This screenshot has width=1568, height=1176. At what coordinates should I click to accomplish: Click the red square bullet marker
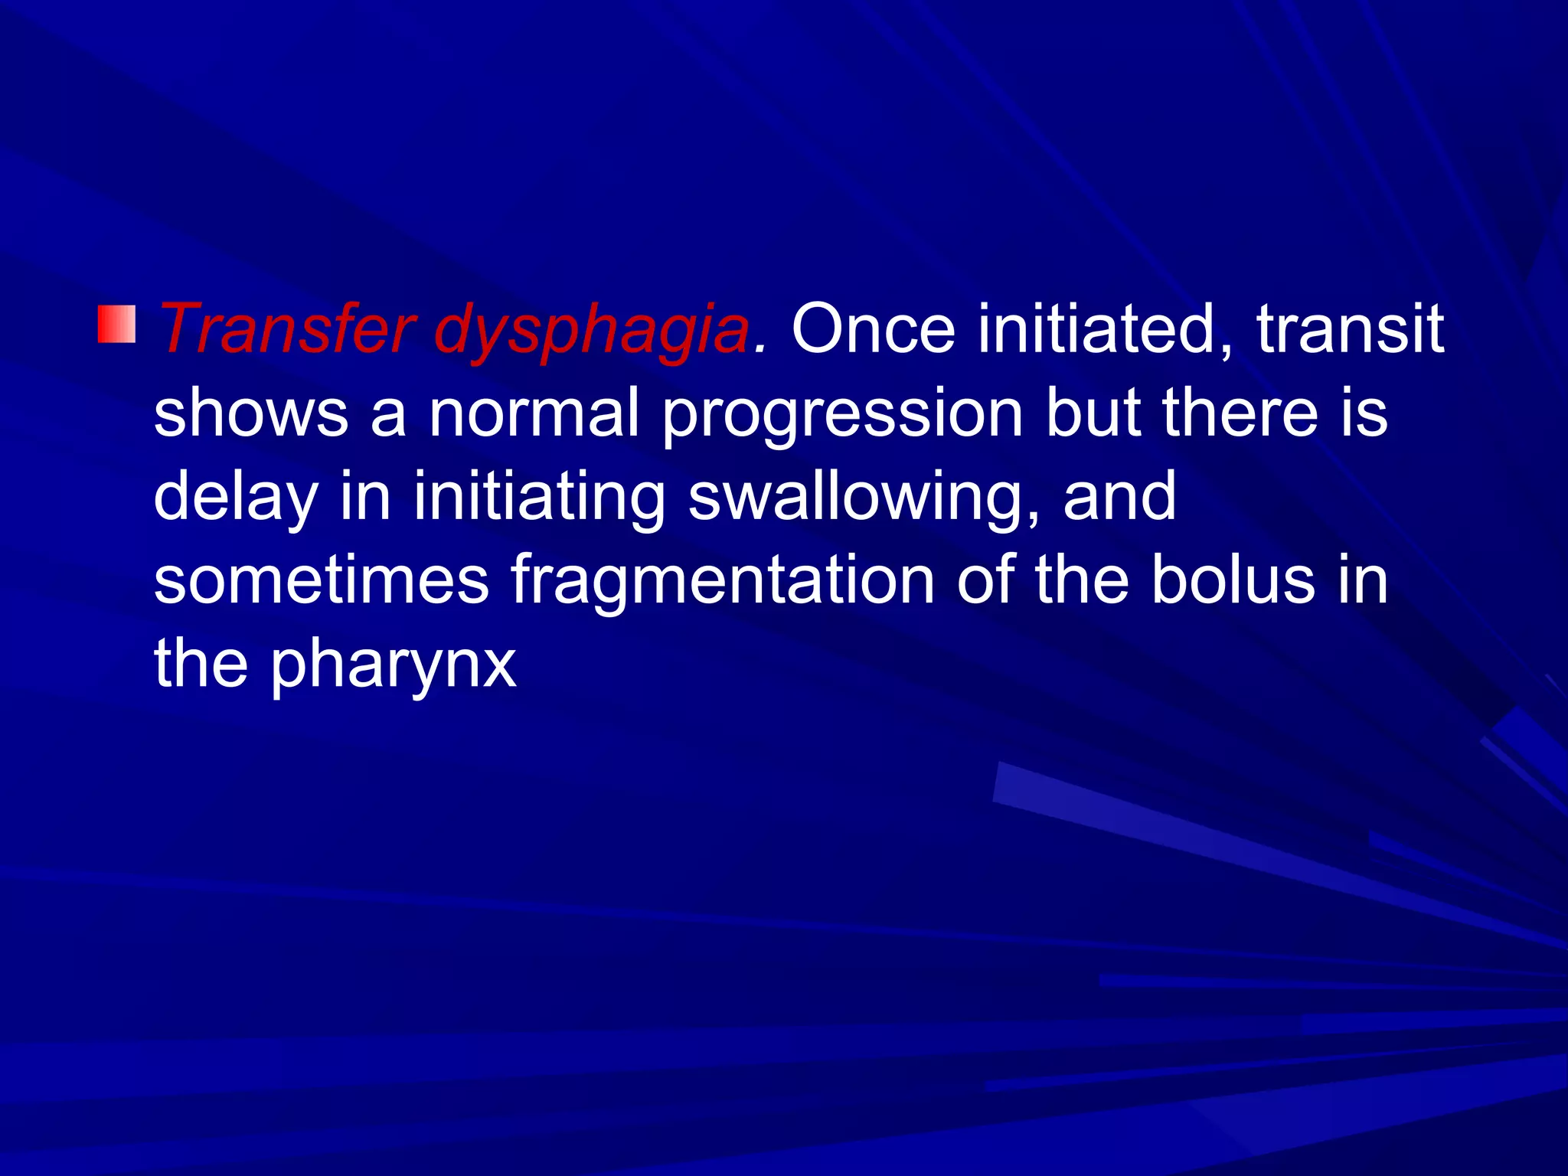116,324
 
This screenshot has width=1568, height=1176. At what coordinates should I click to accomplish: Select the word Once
873,329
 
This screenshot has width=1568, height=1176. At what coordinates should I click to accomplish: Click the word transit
1350,329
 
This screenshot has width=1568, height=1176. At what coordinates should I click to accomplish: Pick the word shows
251,413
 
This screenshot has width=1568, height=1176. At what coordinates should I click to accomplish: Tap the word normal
534,413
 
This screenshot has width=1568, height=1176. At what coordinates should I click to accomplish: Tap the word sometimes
321,580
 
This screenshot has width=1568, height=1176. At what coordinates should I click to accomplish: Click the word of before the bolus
984,580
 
